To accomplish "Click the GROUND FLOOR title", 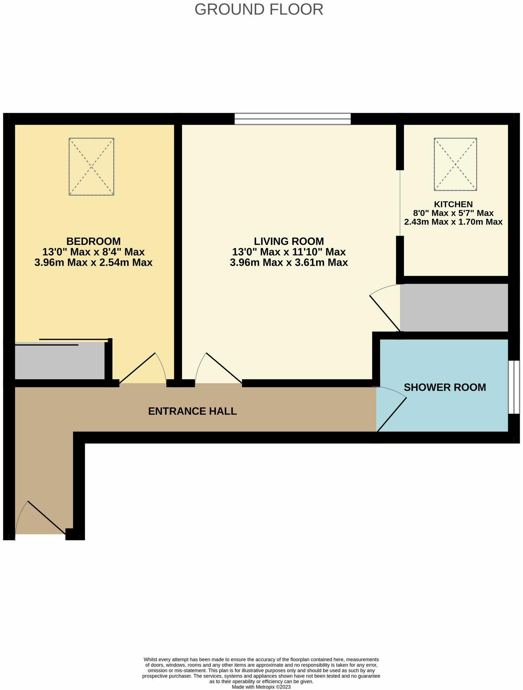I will (259, 10).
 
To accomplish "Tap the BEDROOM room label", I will (93, 241).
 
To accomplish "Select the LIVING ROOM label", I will (289, 241).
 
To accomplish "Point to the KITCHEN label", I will (453, 204).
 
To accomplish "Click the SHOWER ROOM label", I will (445, 387).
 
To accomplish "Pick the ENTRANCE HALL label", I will (192, 411).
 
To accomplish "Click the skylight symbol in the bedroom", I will (91, 166).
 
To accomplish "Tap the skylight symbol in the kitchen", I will (455, 164).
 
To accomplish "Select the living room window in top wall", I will (292, 119).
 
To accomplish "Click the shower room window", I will (514, 387).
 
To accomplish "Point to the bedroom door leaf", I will (138, 368).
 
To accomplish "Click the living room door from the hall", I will (224, 368).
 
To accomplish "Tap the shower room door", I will (391, 414).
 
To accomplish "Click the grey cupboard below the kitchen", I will (454, 308).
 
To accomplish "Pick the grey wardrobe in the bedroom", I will (59, 361).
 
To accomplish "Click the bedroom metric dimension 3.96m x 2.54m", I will (93, 262).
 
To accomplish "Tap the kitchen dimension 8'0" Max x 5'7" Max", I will (453, 213).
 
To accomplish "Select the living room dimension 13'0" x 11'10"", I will (289, 252).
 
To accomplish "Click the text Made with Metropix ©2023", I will (261, 687).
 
